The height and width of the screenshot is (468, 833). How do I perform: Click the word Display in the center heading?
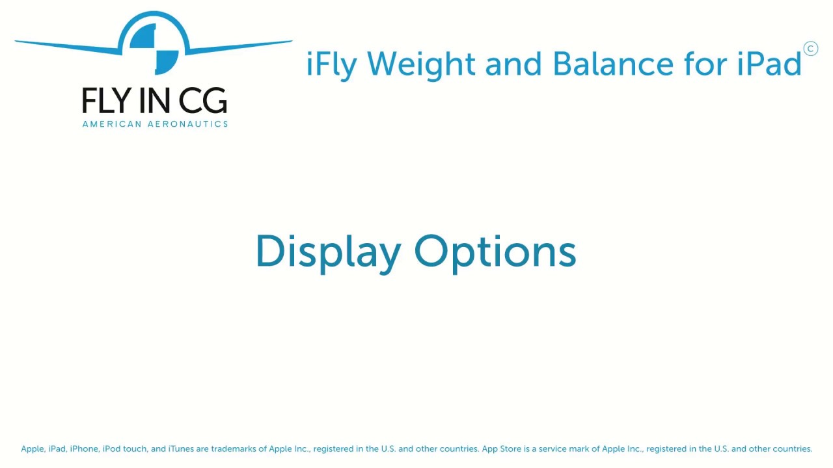point(329,253)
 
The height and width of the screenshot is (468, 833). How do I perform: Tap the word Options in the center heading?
point(495,253)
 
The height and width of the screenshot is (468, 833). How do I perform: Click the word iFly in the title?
point(332,64)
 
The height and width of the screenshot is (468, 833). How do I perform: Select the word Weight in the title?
point(421,64)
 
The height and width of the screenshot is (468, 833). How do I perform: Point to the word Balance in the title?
point(613,63)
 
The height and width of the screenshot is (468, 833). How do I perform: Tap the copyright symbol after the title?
point(811,49)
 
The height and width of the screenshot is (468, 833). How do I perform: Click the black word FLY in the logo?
point(105,100)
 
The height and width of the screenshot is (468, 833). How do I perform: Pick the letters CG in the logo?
point(202,100)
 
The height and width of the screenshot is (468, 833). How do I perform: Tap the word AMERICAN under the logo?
point(112,124)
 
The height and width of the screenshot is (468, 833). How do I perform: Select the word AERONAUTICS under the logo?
point(188,124)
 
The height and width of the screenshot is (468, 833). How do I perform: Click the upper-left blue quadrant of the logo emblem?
point(143,36)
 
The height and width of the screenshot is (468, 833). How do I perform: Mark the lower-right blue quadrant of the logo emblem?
point(167,62)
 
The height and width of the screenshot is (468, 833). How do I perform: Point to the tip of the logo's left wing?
point(15,41)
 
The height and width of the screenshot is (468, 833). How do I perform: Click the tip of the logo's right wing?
point(292,41)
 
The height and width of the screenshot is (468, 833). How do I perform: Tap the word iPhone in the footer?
point(84,448)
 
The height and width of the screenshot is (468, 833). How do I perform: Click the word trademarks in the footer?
point(234,448)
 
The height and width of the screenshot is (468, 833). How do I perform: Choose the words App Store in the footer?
point(502,449)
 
